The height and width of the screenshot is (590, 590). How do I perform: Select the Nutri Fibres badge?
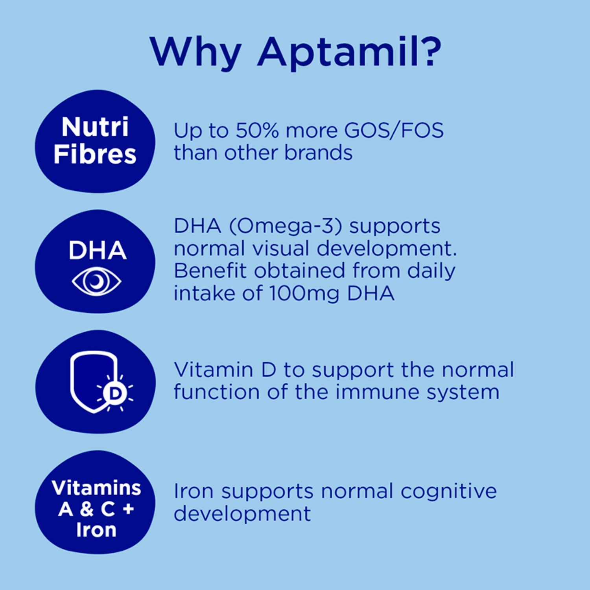95,141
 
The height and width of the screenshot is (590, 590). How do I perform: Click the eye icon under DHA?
96,281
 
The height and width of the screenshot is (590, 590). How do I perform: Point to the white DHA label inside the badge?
97,251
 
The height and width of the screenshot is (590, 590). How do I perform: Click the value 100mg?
304,293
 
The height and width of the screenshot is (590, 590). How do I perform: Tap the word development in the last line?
242,514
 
